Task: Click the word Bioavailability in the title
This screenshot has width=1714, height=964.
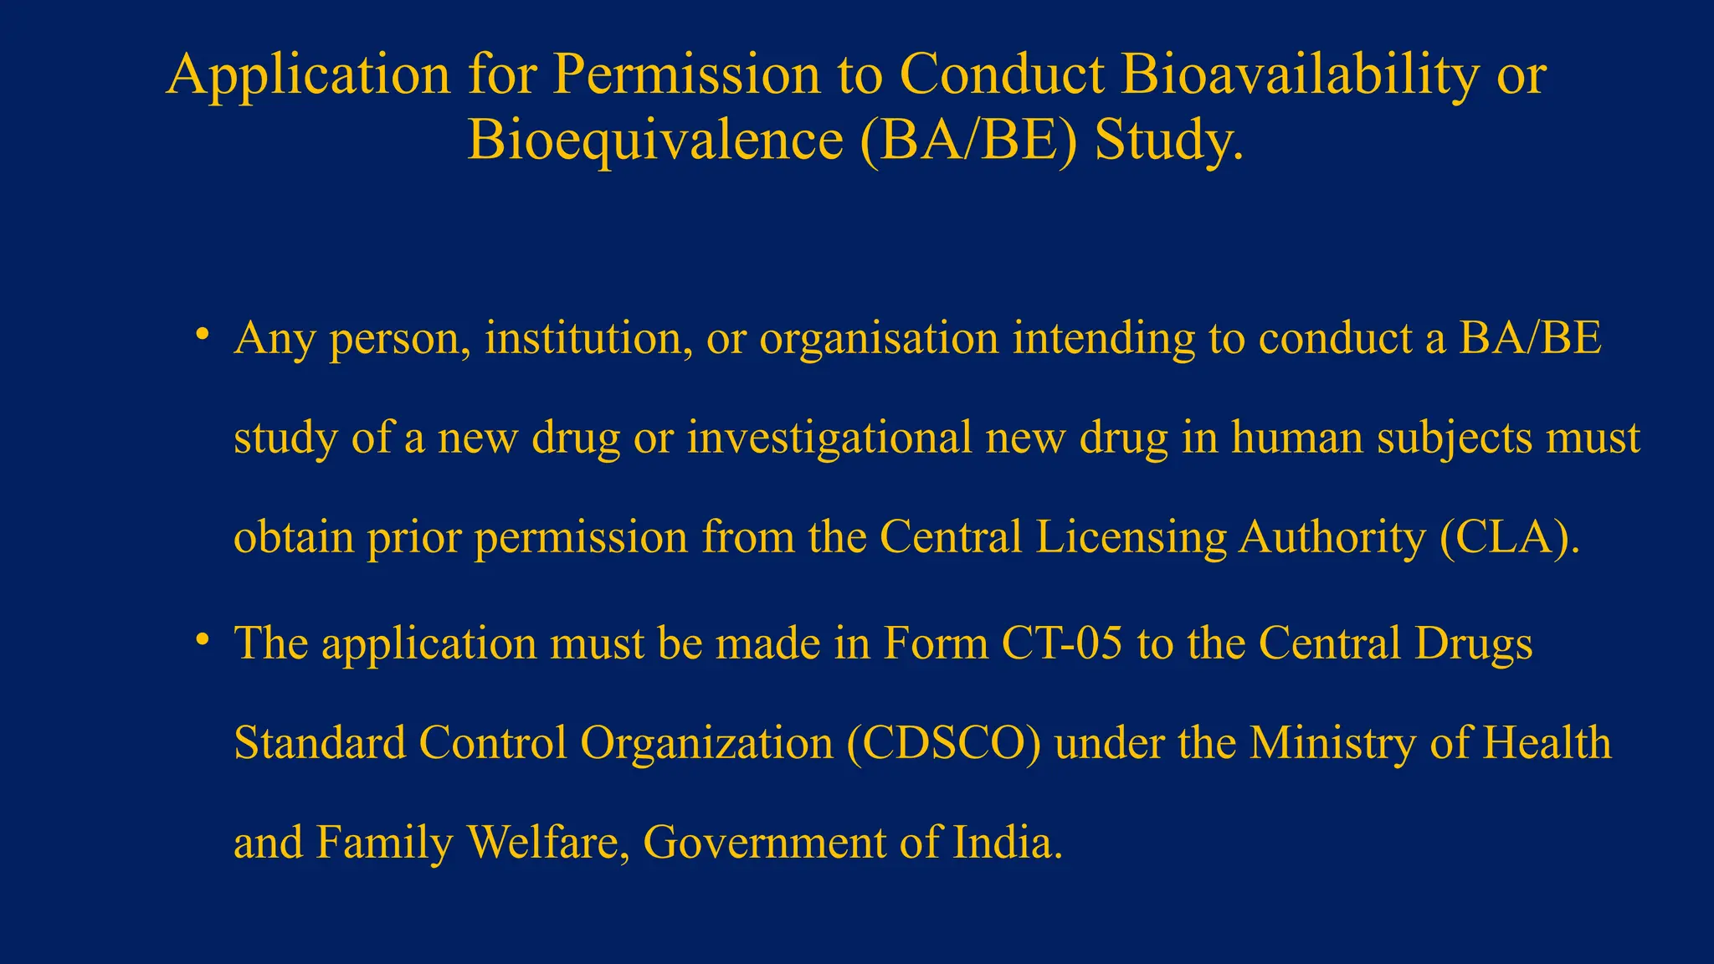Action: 1300,75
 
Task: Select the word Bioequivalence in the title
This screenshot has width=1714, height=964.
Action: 654,140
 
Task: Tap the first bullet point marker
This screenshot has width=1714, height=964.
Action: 202,336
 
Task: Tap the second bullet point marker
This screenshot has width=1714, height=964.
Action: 202,641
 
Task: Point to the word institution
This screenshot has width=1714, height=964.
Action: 588,338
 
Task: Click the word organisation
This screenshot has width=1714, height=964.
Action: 879,340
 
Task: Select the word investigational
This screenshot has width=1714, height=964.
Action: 829,438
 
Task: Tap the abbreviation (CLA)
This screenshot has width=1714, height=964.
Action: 1510,537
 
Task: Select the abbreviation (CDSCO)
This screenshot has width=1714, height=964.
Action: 943,743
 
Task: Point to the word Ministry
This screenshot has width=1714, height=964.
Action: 1332,743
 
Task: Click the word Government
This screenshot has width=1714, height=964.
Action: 764,842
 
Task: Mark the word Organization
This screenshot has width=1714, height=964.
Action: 706,743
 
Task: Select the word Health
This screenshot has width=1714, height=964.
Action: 1547,743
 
